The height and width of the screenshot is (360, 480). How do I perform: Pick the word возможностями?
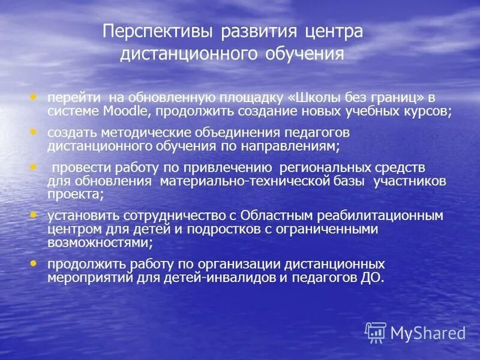point(99,242)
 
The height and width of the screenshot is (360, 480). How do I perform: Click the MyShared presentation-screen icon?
point(376,332)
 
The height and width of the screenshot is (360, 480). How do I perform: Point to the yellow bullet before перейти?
point(33,96)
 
